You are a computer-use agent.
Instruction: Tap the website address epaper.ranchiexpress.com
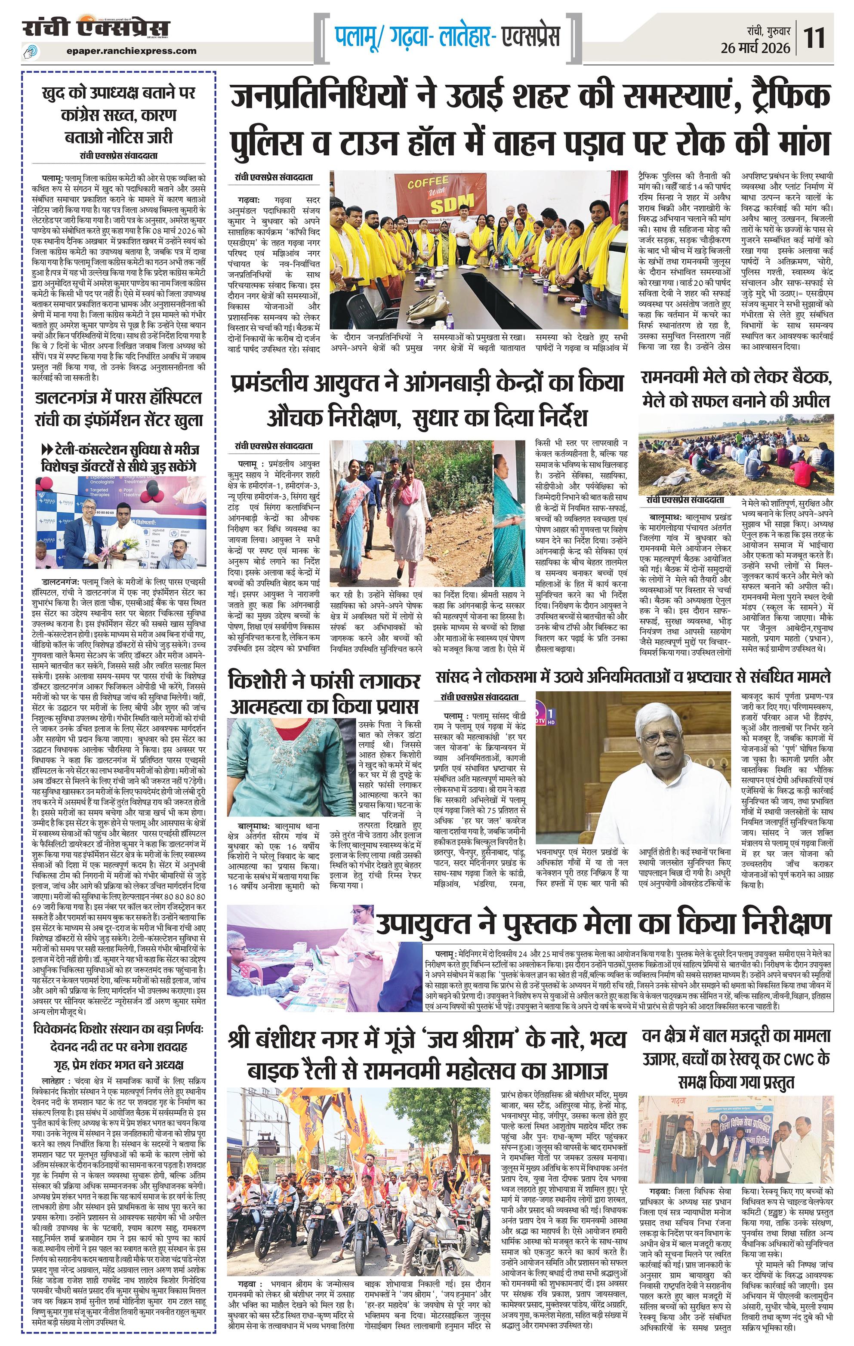click(x=130, y=51)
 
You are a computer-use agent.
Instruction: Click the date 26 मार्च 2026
click(x=755, y=48)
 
